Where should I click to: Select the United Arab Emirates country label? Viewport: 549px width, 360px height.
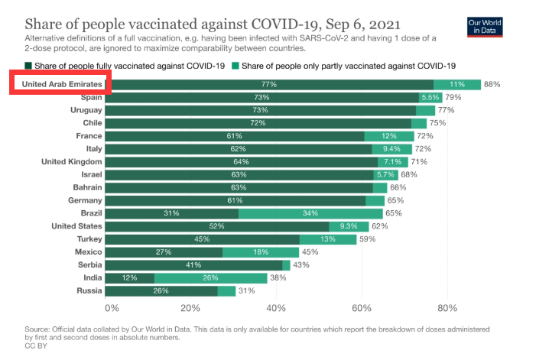[61, 85]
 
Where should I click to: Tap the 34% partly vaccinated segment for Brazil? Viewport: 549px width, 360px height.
[310, 213]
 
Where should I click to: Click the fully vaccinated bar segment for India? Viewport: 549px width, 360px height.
[129, 278]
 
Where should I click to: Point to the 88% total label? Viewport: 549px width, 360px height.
[492, 85]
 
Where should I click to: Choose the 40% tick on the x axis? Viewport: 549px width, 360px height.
[276, 308]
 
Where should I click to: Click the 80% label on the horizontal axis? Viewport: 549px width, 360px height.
[447, 308]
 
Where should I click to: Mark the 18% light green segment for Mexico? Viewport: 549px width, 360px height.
[261, 252]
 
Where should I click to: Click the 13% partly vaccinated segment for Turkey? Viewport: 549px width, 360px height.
[327, 239]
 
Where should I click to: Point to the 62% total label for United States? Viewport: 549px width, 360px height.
[380, 226]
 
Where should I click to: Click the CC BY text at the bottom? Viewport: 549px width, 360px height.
[35, 346]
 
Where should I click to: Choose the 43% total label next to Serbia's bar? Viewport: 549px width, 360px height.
[301, 265]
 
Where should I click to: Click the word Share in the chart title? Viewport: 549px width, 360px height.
[46, 21]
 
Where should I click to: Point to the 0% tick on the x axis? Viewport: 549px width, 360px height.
[112, 308]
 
